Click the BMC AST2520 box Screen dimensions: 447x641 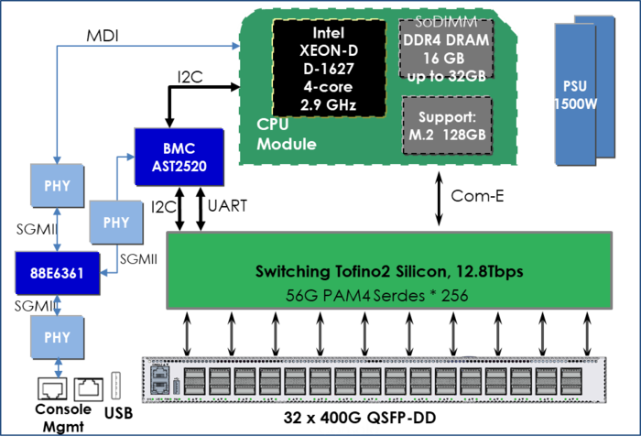pyautogui.click(x=179, y=156)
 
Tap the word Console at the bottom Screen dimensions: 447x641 pyautogui.click(x=348, y=429)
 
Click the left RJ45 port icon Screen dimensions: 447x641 pyautogui.click(x=50, y=388)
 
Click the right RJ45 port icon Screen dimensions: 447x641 pyautogui.click(x=86, y=388)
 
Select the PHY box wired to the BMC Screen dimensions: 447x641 pyautogui.click(x=116, y=223)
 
